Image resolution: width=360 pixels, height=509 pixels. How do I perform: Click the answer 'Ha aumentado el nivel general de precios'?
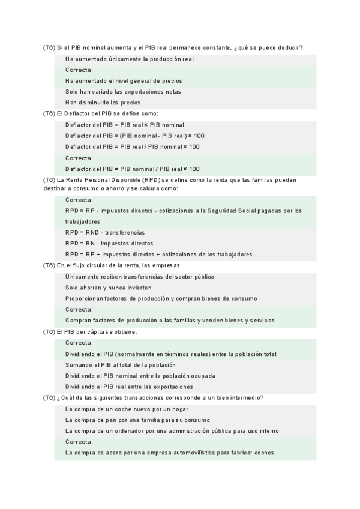[x=124, y=81]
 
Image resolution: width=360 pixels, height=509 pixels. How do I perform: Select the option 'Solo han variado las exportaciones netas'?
[x=123, y=92]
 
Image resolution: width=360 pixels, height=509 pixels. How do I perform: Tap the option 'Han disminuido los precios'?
[x=103, y=103]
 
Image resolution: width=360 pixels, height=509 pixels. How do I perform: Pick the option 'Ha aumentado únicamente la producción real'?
[x=129, y=59]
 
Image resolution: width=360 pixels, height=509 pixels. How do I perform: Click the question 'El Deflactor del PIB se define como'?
[x=100, y=113]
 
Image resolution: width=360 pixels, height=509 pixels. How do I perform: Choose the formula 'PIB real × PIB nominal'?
[x=125, y=125]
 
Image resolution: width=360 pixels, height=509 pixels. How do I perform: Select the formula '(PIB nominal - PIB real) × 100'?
[x=135, y=136]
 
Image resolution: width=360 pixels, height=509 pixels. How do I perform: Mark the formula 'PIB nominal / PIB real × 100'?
[x=133, y=169]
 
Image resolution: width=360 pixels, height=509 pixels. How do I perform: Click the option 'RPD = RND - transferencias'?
[x=105, y=232]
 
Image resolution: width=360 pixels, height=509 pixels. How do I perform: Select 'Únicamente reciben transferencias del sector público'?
[x=140, y=277]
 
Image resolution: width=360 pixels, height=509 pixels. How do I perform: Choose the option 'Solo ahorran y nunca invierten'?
[x=109, y=288]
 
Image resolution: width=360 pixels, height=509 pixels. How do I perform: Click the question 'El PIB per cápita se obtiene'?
[x=90, y=331]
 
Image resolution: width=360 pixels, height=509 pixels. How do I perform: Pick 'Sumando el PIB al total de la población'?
[x=120, y=365]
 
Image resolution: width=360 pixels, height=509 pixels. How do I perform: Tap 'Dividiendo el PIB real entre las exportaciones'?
[x=129, y=387]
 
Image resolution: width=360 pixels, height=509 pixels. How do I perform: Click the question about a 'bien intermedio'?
[x=154, y=397]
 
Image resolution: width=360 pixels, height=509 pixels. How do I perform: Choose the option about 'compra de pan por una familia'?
[x=137, y=420]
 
